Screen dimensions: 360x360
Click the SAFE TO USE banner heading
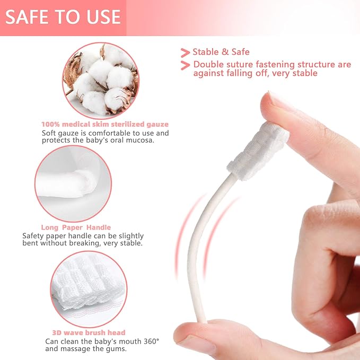[x=63, y=17]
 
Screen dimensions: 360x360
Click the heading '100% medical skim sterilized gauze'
[x=105, y=125]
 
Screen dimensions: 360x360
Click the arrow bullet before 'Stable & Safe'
[x=185, y=52]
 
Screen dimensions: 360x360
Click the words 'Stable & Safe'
[x=221, y=52]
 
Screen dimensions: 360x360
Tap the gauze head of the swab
[x=258, y=148]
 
